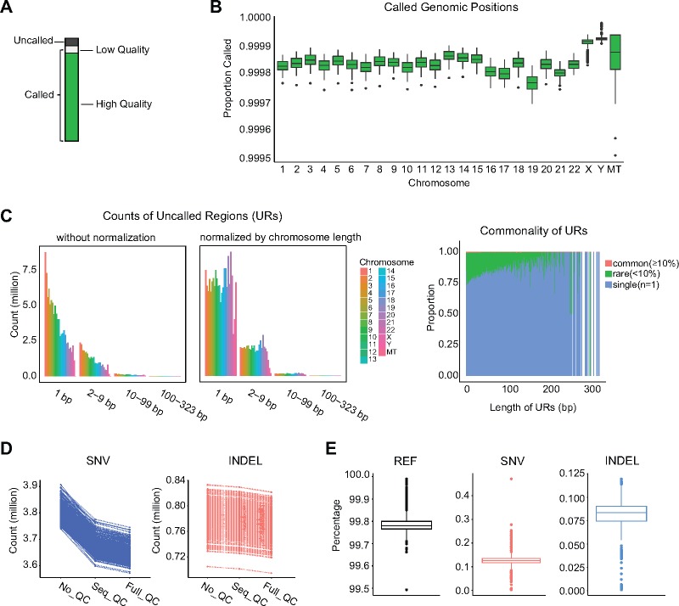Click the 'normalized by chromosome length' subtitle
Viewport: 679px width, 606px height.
[x=268, y=229]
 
